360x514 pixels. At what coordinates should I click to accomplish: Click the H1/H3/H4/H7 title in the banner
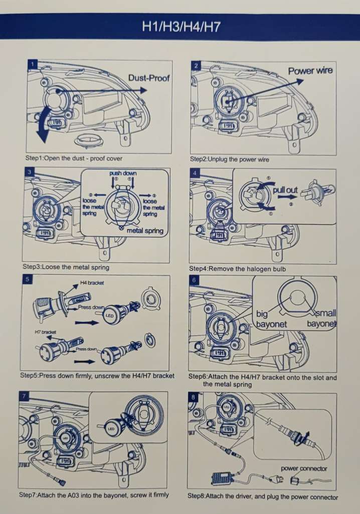181,27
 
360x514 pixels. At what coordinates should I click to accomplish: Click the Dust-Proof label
149,78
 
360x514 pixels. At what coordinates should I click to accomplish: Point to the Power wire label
310,71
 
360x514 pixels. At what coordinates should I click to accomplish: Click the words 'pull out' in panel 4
285,190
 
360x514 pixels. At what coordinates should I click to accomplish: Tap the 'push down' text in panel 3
123,173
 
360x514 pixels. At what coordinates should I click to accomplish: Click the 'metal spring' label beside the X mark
145,230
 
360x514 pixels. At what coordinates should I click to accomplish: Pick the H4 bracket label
92,283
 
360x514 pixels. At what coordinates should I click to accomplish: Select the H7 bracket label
45,332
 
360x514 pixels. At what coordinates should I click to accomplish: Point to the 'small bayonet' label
322,319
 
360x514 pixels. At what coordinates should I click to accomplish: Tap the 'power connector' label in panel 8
304,468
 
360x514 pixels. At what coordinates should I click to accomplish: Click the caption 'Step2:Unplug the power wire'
229,159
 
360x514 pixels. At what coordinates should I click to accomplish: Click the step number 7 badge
24,397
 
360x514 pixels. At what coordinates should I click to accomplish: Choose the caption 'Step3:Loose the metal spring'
66,267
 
